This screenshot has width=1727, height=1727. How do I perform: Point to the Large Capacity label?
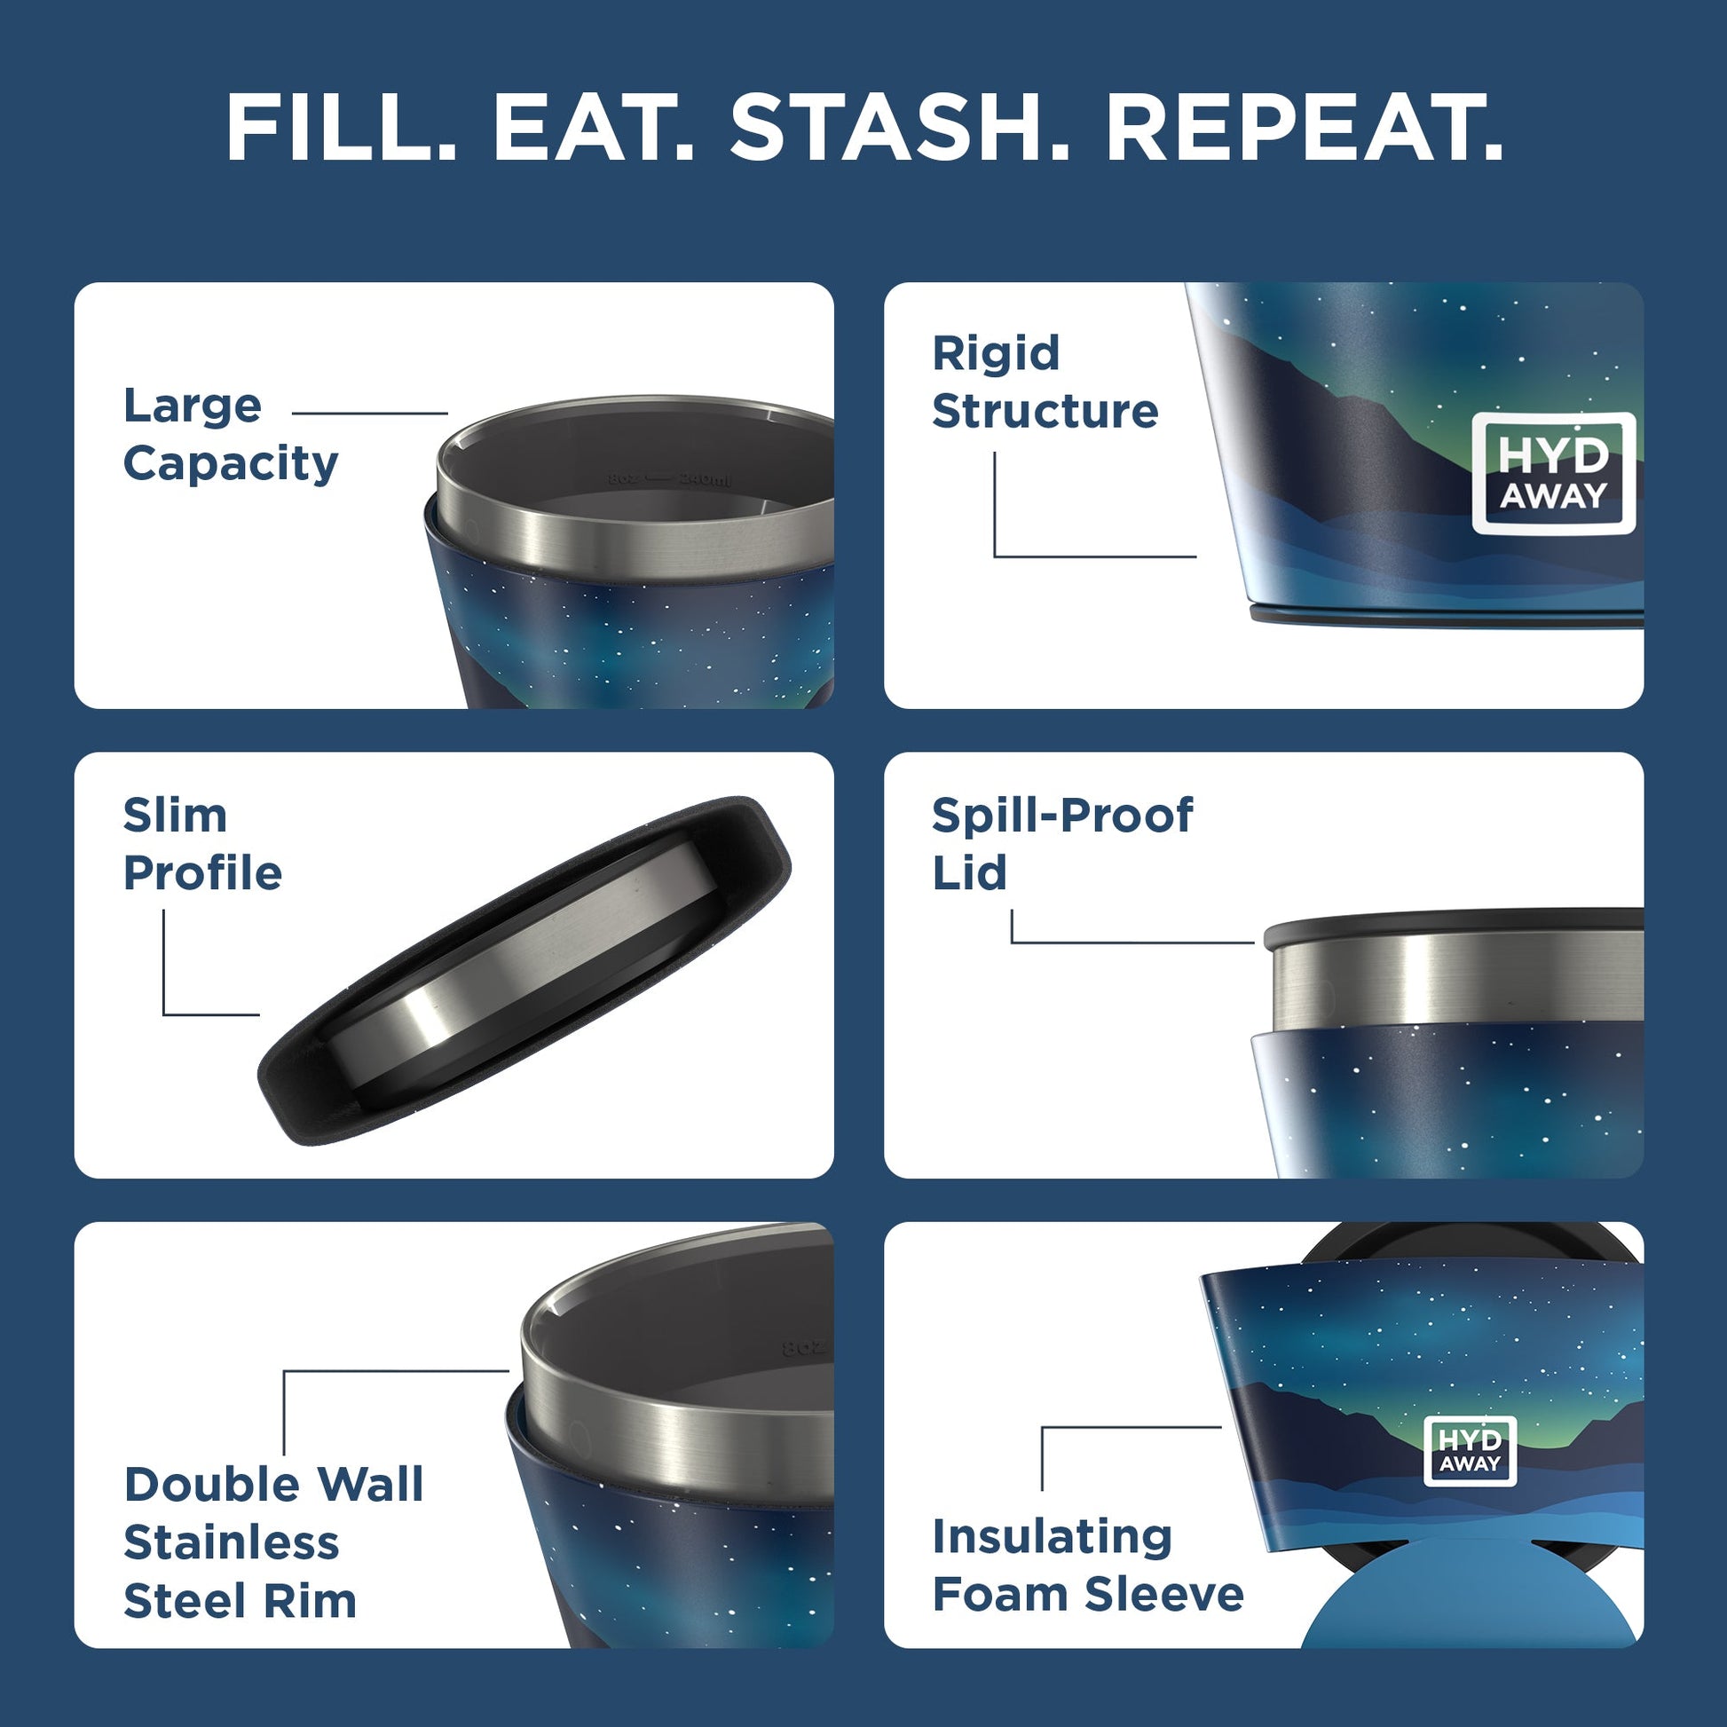click(x=230, y=435)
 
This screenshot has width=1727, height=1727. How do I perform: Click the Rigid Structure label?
click(x=1044, y=382)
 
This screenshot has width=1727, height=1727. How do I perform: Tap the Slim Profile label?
click(x=202, y=844)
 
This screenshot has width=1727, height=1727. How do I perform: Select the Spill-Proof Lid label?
click(x=1061, y=844)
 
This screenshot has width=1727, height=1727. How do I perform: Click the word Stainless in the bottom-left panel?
click(x=232, y=1543)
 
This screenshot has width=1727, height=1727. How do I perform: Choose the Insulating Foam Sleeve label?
click(x=1087, y=1565)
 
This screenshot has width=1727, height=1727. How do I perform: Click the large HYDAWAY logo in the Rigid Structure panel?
click(x=1553, y=474)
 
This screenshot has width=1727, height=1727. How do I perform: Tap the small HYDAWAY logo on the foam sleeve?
click(x=1469, y=1450)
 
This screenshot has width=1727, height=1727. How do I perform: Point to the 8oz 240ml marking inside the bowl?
click(x=668, y=479)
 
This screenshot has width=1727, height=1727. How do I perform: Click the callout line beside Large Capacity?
click(x=369, y=414)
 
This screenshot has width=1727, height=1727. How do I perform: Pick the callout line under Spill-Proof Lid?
click(x=1132, y=942)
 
